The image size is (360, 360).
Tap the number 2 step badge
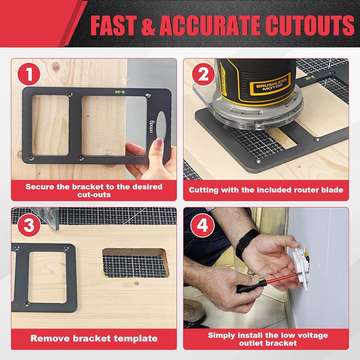click(x=203, y=74)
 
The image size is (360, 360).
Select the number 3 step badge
click(x=29, y=225)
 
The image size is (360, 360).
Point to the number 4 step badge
click(x=202, y=225)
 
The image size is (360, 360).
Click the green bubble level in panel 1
click(x=120, y=92)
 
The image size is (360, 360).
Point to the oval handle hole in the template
click(x=161, y=125)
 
